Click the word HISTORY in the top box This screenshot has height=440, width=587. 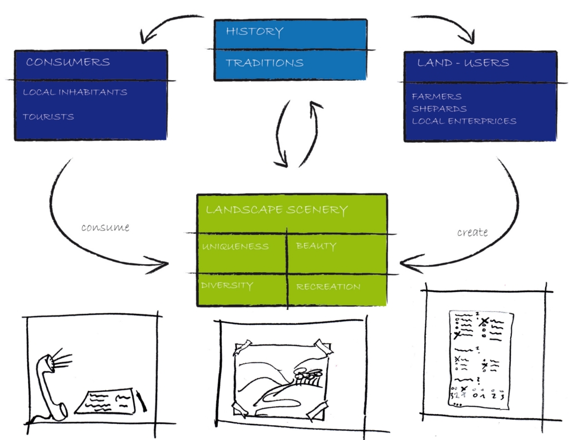[254, 32]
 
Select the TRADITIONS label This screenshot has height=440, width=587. [264, 63]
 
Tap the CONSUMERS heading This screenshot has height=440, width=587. [68, 62]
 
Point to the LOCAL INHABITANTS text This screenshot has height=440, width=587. [75, 92]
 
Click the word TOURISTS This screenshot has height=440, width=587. [48, 117]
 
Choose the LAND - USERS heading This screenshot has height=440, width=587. [463, 63]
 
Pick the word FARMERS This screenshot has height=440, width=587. [436, 96]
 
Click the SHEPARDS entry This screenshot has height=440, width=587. [439, 109]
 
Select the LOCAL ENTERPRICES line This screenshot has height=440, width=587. [464, 121]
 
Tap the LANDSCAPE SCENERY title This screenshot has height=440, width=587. [276, 210]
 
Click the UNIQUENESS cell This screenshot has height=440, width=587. [234, 247]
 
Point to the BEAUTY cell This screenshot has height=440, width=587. [316, 246]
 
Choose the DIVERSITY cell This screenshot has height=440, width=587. [226, 285]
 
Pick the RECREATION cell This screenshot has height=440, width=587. [328, 286]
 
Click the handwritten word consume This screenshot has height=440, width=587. [105, 227]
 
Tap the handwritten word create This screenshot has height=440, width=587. [472, 232]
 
